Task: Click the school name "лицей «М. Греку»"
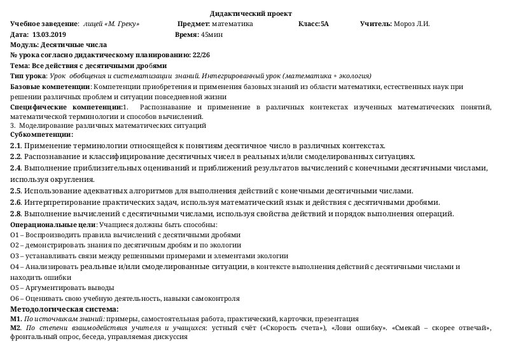click(111, 24)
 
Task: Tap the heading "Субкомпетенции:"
click(42, 134)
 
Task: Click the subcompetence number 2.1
click(17, 146)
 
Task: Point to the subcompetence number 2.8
click(17, 214)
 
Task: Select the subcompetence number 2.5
click(17, 191)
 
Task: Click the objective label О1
click(16, 235)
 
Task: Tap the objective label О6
click(16, 298)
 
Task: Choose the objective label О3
click(16, 256)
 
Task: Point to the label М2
click(17, 328)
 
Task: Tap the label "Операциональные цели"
click(53, 225)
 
